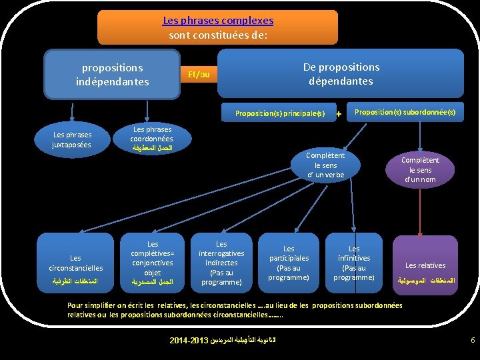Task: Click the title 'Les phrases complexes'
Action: pos(218,21)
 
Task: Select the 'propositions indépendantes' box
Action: pos(112,75)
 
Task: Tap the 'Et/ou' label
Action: pos(199,74)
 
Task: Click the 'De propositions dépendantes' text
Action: pos(341,74)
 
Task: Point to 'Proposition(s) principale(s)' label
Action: pos(279,113)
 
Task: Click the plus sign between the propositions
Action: pos(339,114)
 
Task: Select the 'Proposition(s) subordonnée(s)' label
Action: pos(405,113)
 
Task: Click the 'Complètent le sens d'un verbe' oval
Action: pos(325,165)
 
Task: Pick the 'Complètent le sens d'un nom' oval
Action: pos(419,170)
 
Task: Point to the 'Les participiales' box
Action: pos(289,263)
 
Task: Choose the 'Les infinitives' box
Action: pos(354,263)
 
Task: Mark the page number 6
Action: pos(472,341)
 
